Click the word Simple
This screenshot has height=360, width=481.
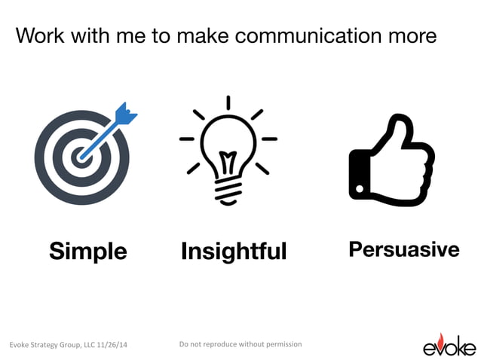tap(88, 251)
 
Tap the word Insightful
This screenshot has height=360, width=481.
tap(234, 251)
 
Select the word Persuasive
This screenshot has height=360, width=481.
tap(403, 249)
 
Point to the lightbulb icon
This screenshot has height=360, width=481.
tap(228, 151)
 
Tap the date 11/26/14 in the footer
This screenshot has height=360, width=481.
tap(111, 345)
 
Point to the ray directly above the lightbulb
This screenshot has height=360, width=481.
tap(228, 102)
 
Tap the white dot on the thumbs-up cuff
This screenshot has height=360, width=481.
tap(360, 188)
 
